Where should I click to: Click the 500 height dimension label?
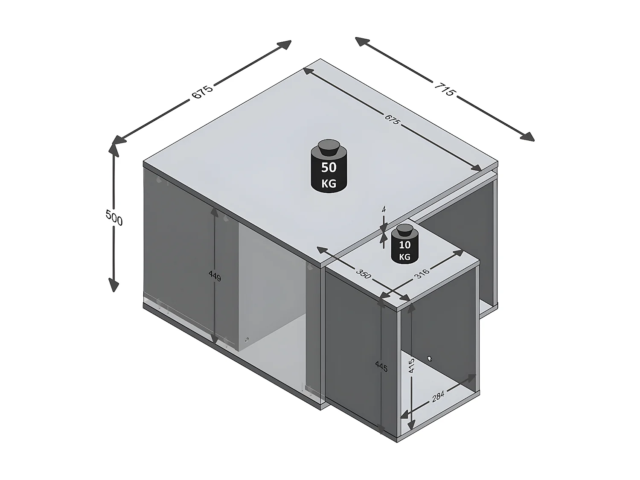[x=114, y=218]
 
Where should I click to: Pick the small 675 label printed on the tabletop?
[x=392, y=119]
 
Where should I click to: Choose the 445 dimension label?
[x=381, y=366]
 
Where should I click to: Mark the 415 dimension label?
[x=411, y=365]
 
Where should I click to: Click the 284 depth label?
[x=438, y=396]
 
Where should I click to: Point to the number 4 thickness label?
[x=384, y=209]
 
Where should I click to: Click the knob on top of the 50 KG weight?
[x=329, y=147]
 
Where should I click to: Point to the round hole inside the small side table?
[x=430, y=358]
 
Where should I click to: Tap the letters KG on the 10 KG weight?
[x=404, y=257]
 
